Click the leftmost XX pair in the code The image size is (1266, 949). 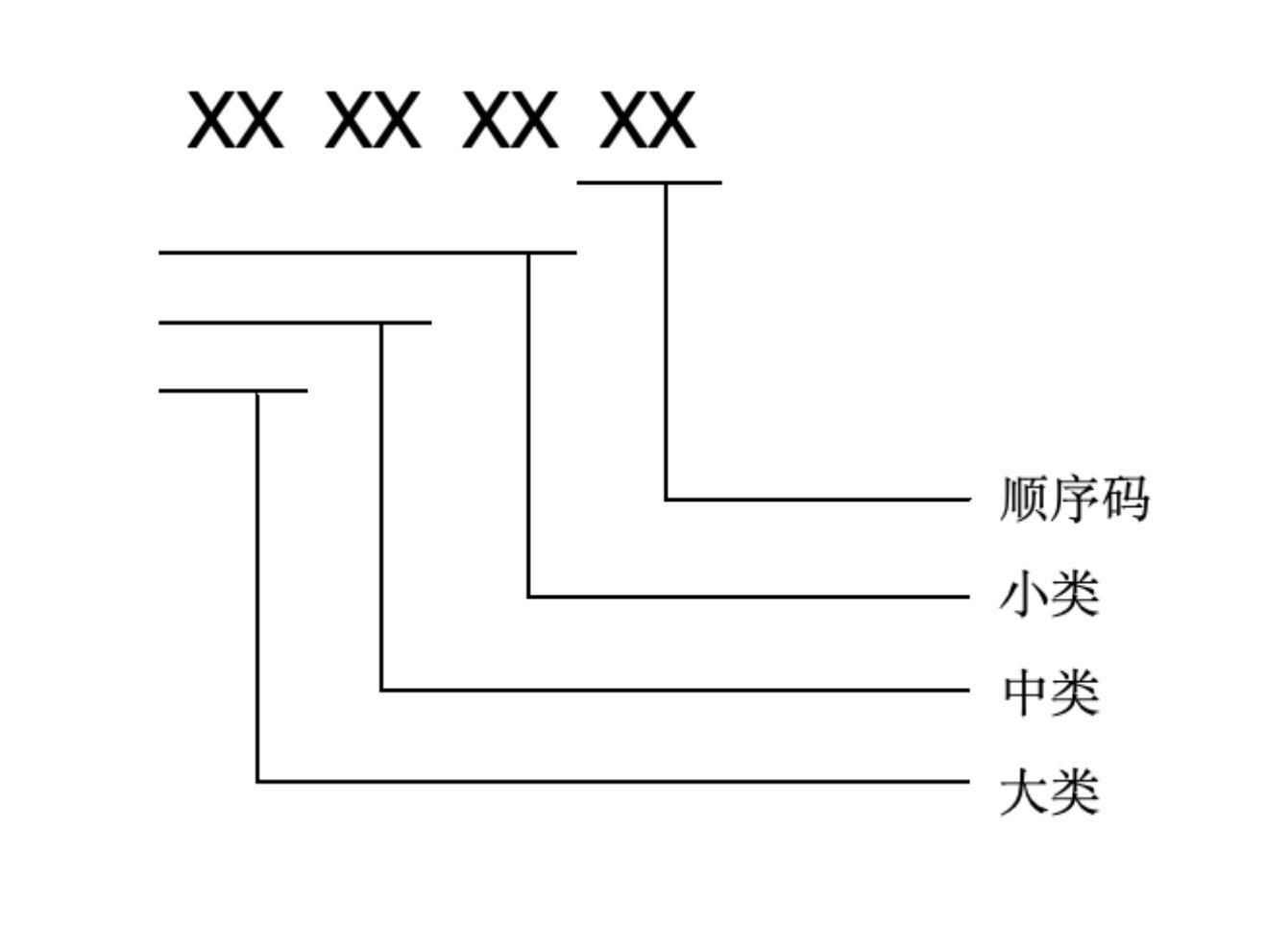click(235, 121)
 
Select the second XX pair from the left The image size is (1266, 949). click(373, 121)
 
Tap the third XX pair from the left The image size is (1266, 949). click(510, 121)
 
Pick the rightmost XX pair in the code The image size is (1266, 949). click(647, 121)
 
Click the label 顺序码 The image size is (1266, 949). click(1074, 499)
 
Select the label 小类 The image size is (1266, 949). click(1049, 596)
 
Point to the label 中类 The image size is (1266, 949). click(1049, 692)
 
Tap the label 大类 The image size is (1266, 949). click(1049, 792)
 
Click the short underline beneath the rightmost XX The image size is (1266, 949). click(649, 182)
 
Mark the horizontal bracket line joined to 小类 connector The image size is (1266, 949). click(365, 253)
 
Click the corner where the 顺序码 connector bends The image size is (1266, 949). click(666, 499)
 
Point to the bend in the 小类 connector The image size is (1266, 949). click(528, 596)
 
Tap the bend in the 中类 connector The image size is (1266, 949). click(381, 690)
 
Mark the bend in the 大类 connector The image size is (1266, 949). click(257, 782)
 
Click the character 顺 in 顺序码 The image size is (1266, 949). click(1024, 499)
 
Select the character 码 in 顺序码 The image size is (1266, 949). click(1125, 499)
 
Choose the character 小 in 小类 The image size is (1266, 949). click(1024, 596)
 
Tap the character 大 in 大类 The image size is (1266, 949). click(1024, 792)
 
